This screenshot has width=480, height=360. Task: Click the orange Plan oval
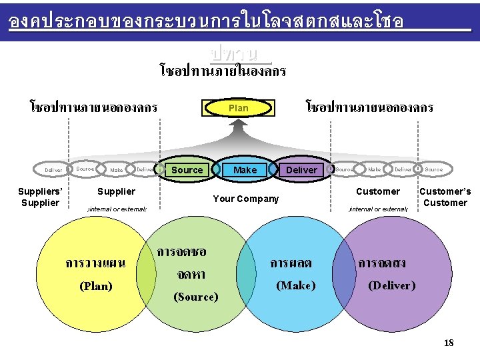(238, 108)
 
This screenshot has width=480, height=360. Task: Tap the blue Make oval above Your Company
(245, 170)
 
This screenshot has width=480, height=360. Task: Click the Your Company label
(245, 199)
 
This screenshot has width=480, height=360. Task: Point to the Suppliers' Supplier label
(40, 197)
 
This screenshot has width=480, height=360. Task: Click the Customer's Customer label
(445, 197)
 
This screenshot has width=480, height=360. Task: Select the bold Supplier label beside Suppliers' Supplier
(117, 191)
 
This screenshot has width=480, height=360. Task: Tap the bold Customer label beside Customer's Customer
(378, 191)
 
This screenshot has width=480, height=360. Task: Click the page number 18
(449, 343)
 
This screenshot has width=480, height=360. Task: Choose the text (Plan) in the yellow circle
(95, 286)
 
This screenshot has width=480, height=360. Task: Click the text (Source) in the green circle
(195, 297)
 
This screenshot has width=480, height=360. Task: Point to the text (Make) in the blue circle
(295, 285)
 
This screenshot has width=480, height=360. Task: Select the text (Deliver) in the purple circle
(391, 285)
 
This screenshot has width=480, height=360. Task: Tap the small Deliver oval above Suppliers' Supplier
(53, 170)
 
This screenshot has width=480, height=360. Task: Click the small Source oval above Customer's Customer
(433, 169)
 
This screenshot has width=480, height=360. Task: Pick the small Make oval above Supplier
(117, 170)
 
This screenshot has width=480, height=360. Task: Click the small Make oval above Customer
(375, 169)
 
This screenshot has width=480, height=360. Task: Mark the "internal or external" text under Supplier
(117, 209)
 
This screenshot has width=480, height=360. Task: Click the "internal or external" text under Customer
(378, 209)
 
